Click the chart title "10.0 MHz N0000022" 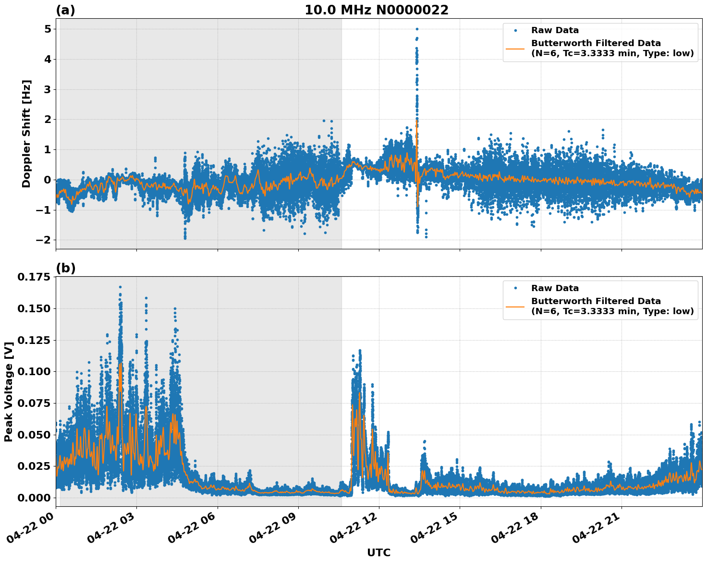point(376,10)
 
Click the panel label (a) point(65,10)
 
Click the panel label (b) point(65,268)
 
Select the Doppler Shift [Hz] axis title point(26,134)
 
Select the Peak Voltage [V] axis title point(8,392)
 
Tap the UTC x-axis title point(378,552)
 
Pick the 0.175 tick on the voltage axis point(34,277)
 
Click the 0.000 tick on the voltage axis point(34,498)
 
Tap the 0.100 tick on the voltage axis point(34,372)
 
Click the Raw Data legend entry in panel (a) point(555,31)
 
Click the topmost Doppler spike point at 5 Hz point(417,29)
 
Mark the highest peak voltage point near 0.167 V point(120,287)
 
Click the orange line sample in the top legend point(515,48)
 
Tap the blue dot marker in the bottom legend point(515,288)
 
